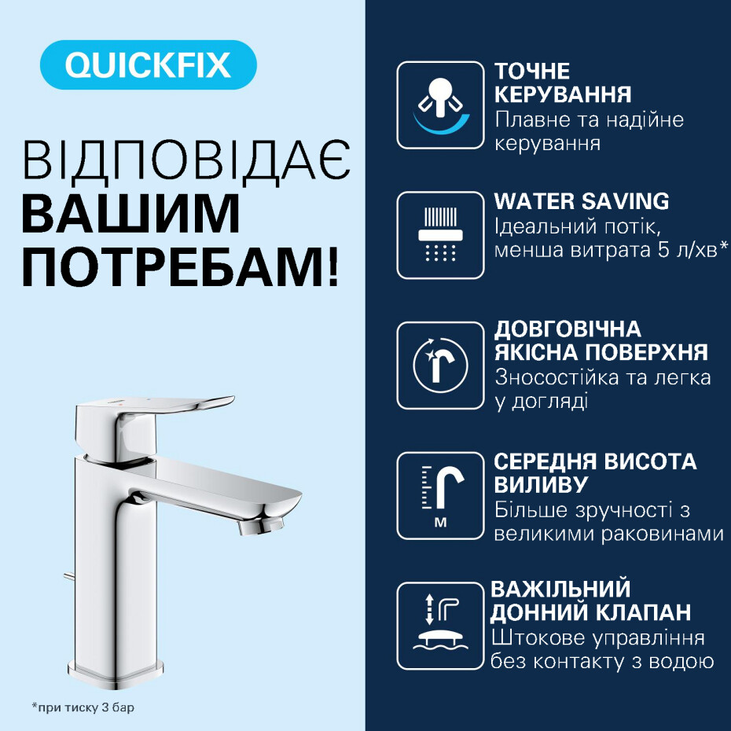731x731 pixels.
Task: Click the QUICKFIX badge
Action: tap(149, 64)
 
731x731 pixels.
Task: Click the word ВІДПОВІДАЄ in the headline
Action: tap(186, 160)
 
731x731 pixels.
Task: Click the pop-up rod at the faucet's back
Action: tap(69, 577)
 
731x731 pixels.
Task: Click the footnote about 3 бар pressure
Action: tap(83, 707)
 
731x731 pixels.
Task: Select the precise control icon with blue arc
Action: tap(440, 105)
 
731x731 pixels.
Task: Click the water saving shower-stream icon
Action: tap(440, 235)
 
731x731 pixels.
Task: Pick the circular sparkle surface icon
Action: tap(440, 365)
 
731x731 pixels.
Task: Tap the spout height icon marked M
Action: tap(440, 495)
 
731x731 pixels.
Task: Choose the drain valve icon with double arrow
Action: tap(440, 626)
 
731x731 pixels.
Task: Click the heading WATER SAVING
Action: tap(582, 201)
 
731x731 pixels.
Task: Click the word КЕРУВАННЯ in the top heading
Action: tap(563, 94)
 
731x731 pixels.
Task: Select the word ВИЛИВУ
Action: tap(541, 484)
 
